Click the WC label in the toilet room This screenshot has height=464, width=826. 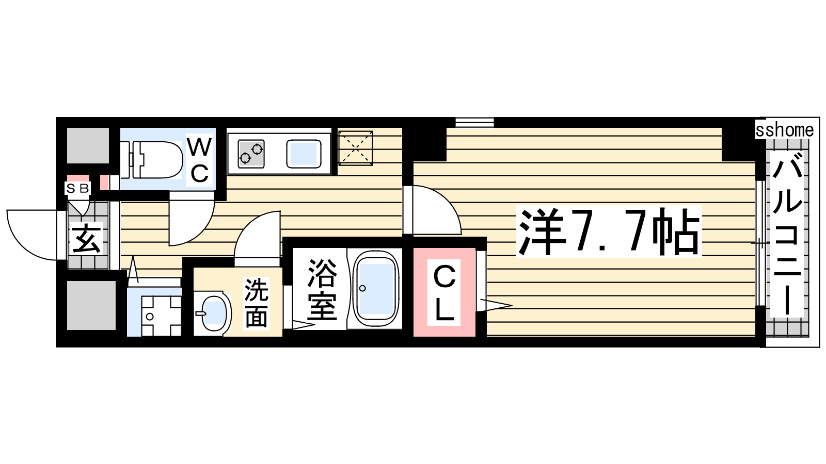coord(199,160)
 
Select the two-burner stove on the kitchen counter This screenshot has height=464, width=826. coord(251,154)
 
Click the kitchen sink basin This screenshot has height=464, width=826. coord(304,154)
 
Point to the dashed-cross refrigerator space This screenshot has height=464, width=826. coord(355,148)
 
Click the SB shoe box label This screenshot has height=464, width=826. coord(77,188)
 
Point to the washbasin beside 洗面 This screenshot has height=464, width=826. coord(212,313)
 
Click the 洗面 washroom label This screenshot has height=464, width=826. coord(256,303)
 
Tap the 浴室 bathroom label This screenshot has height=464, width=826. coord(322,289)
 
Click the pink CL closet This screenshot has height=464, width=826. coord(444,292)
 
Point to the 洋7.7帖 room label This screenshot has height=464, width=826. coord(609,231)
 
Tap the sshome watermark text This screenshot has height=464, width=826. coord(784,129)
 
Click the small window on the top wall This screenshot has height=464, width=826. coord(474,122)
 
